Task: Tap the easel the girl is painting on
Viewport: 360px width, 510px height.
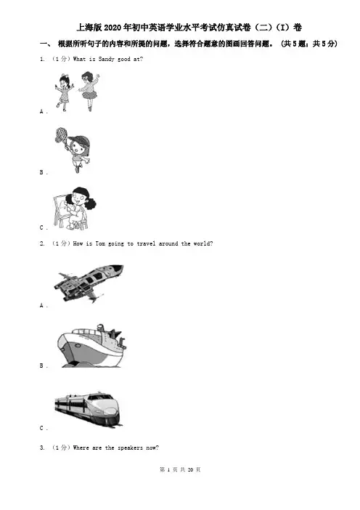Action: click(60, 210)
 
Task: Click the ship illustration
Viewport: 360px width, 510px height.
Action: click(91, 346)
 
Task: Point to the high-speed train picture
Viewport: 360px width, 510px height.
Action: click(89, 409)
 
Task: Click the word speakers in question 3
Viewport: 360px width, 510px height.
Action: click(130, 448)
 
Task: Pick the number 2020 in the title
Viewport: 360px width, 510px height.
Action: click(112, 28)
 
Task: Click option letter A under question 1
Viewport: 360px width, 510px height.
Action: click(42, 112)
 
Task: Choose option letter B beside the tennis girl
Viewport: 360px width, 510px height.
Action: click(41, 172)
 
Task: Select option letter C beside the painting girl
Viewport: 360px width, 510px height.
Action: click(41, 227)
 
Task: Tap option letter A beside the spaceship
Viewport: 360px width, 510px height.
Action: click(42, 305)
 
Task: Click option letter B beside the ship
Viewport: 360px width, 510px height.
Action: click(41, 365)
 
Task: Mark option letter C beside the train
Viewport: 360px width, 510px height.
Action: click(41, 428)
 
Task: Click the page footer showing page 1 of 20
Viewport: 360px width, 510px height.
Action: click(180, 469)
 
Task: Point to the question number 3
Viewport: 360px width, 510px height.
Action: click(42, 448)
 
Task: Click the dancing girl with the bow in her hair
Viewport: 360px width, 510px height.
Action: click(64, 93)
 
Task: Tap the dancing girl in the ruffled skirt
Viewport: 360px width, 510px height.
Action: click(89, 91)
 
